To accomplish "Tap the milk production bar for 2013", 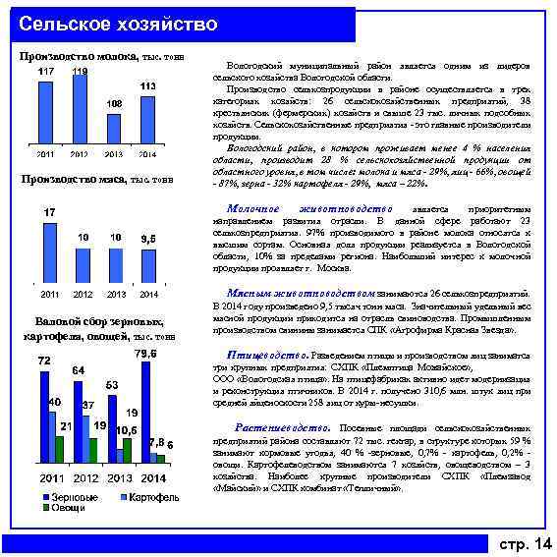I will tap(113, 130).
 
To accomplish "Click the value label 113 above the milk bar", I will tap(147, 87).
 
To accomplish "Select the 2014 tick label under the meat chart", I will tap(147, 294).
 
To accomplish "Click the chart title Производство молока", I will tap(80, 56).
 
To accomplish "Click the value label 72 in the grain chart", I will tap(44, 362).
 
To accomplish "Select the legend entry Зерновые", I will tap(71, 497).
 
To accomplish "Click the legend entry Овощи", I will tap(67, 508).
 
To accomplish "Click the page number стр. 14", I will tap(526, 543).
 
